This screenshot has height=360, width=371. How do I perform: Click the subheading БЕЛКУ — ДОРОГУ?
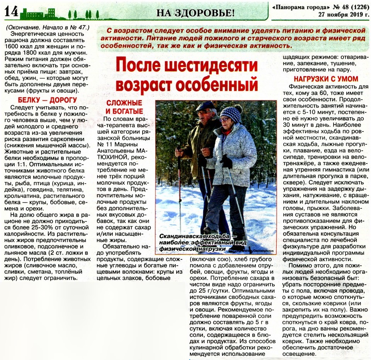coord(42,100)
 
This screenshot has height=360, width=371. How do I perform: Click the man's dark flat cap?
coord(204,106)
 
